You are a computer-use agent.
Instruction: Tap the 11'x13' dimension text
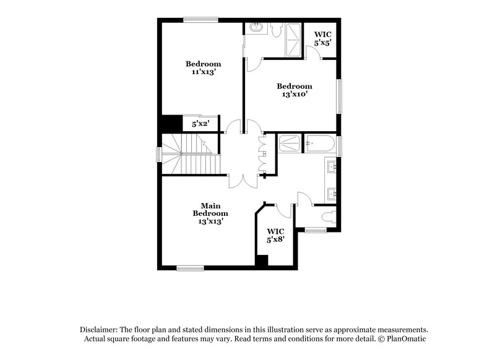(x=203, y=72)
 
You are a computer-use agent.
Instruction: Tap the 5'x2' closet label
(x=200, y=124)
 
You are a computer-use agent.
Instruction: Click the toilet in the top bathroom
(x=276, y=29)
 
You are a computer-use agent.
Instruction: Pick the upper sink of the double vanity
(x=331, y=166)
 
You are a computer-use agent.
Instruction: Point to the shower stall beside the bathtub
(x=288, y=144)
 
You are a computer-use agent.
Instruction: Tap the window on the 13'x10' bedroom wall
(x=338, y=96)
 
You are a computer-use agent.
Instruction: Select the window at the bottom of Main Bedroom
(x=190, y=268)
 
